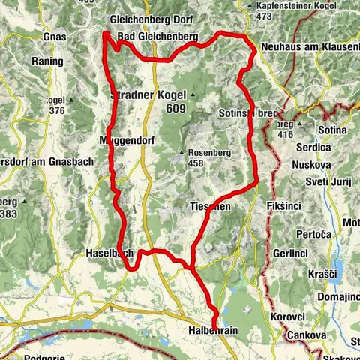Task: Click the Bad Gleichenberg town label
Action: [157, 36]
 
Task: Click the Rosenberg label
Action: [206, 149]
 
